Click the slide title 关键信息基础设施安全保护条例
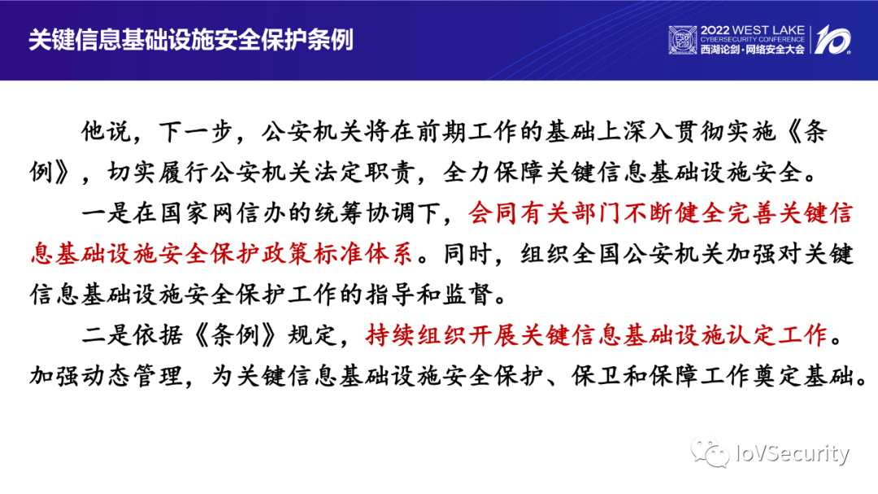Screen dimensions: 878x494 click(x=191, y=39)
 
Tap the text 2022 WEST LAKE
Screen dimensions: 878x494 click(x=752, y=30)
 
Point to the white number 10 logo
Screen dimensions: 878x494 click(x=832, y=39)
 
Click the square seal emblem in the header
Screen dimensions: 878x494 click(x=683, y=40)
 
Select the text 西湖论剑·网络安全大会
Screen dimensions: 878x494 click(x=752, y=50)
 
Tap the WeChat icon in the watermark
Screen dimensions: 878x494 click(x=710, y=452)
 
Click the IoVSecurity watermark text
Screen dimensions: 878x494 click(x=792, y=453)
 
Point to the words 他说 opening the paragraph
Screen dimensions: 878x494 click(x=106, y=131)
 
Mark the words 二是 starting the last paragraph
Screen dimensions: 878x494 click(x=106, y=334)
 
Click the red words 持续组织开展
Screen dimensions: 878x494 click(x=441, y=334)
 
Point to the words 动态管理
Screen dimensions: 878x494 click(x=133, y=375)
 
